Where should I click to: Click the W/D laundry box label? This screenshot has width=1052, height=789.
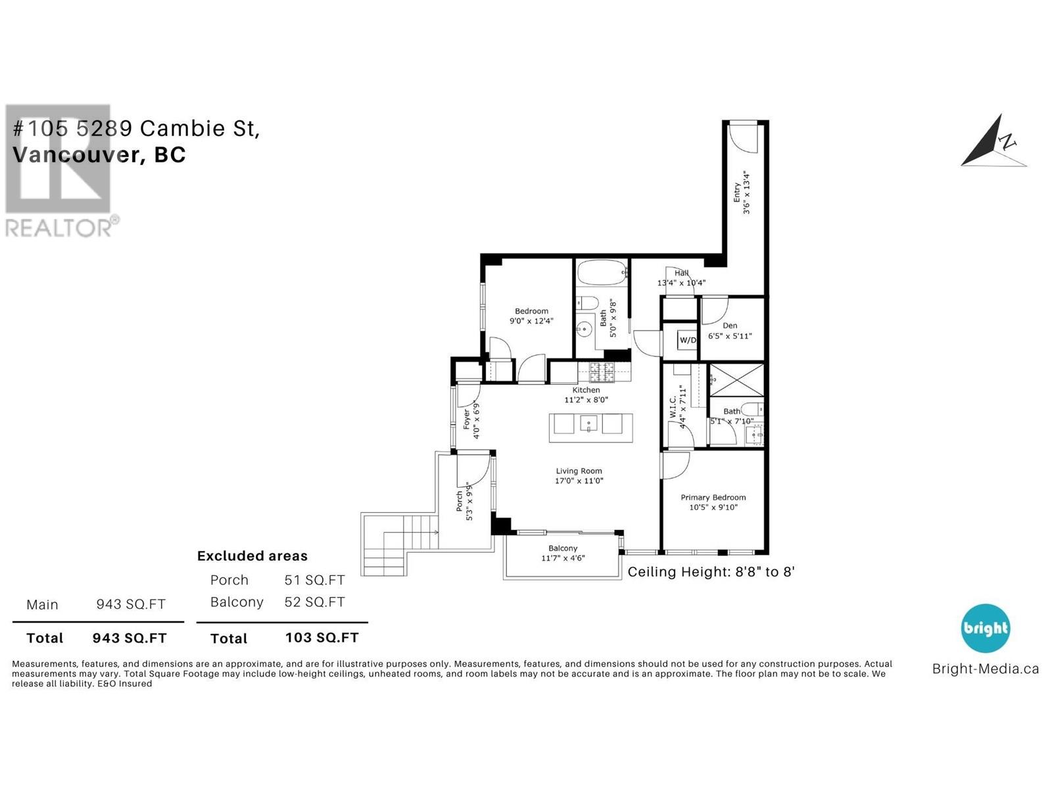pyautogui.click(x=688, y=340)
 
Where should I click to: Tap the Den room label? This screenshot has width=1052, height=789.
pyautogui.click(x=730, y=325)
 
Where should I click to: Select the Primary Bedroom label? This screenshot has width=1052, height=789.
pyautogui.click(x=713, y=497)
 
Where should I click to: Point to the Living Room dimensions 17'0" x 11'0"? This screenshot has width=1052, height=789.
pyautogui.click(x=579, y=481)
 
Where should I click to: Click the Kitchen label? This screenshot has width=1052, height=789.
pyautogui.click(x=586, y=390)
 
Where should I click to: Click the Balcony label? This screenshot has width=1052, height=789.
pyautogui.click(x=563, y=548)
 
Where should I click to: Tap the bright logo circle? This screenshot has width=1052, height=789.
pyautogui.click(x=985, y=628)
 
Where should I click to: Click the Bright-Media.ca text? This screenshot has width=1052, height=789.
pyautogui.click(x=985, y=669)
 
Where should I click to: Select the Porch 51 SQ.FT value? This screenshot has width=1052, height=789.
pyautogui.click(x=314, y=580)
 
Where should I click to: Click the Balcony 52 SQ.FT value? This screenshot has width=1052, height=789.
pyautogui.click(x=314, y=602)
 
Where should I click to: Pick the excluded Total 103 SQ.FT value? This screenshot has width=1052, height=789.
pyautogui.click(x=322, y=637)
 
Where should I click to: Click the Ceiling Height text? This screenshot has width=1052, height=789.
pyautogui.click(x=711, y=571)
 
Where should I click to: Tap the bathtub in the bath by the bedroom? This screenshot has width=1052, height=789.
pyautogui.click(x=602, y=272)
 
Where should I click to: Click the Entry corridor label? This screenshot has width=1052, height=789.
pyautogui.click(x=738, y=192)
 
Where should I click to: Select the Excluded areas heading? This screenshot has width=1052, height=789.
pyautogui.click(x=252, y=556)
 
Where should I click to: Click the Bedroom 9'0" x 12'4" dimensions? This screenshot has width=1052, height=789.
pyautogui.click(x=531, y=321)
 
